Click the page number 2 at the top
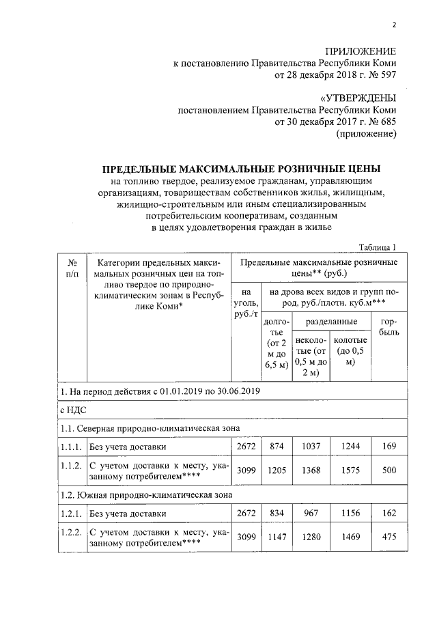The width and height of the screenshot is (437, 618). click(x=394, y=26)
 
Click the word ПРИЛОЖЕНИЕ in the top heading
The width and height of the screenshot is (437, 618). click(x=359, y=52)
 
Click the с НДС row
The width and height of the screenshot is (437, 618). click(x=71, y=410)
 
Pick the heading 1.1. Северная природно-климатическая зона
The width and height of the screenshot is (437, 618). click(x=150, y=428)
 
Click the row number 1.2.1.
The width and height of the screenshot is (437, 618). click(x=71, y=512)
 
